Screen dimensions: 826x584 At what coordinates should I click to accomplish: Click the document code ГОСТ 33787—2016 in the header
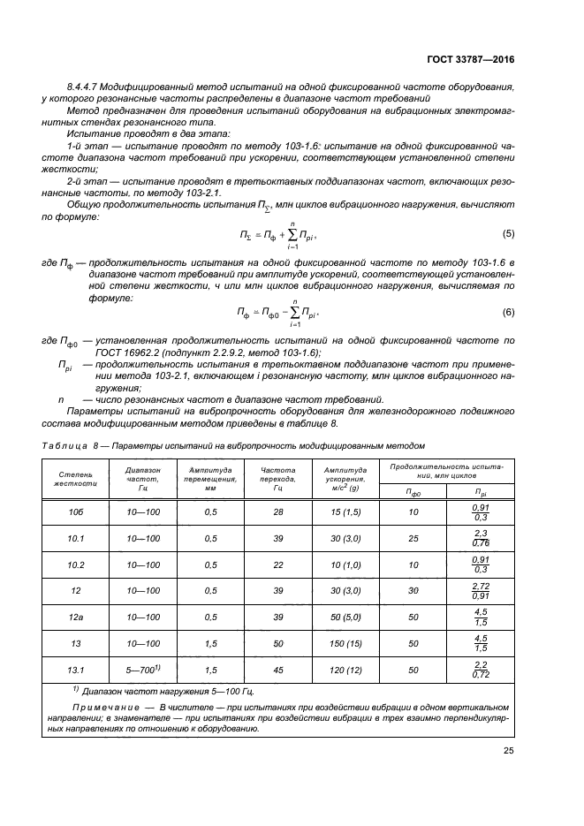(471, 60)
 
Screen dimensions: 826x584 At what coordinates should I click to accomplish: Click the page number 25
(507, 752)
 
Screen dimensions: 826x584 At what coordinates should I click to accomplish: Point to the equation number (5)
(507, 234)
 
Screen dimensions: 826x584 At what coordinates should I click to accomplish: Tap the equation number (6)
(507, 312)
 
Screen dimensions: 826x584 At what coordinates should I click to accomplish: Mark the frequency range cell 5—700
(141, 670)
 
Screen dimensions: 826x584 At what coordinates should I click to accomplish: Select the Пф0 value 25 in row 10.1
(413, 538)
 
